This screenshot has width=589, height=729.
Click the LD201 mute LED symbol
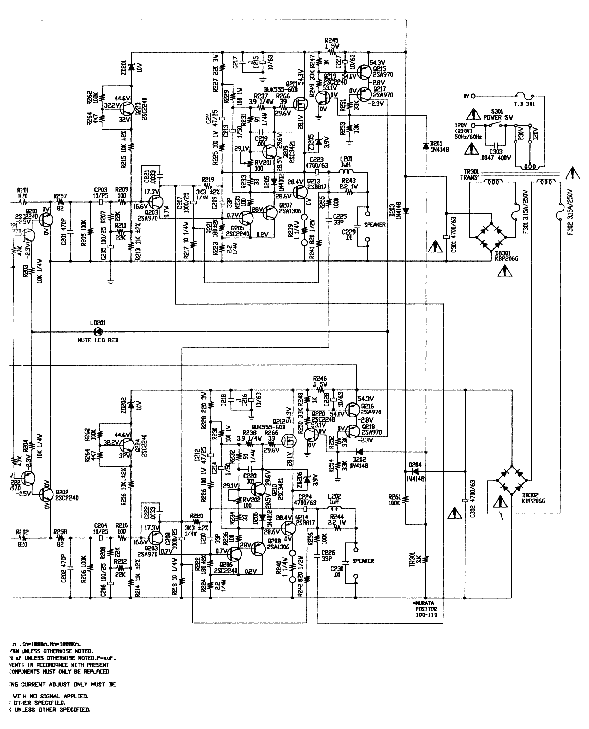click(98, 331)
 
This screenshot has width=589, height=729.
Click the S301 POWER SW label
click(498, 114)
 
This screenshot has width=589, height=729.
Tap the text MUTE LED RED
click(98, 340)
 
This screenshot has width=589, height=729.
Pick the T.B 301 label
click(524, 104)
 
